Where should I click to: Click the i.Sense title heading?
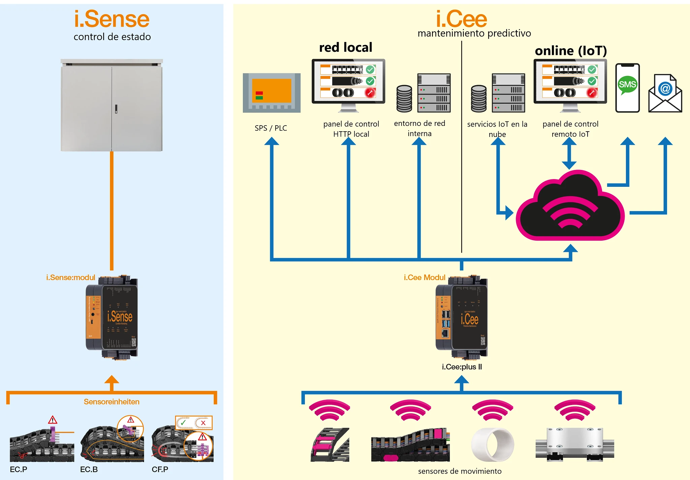[112, 19]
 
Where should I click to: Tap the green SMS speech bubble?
[627, 84]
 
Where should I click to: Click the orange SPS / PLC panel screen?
[272, 91]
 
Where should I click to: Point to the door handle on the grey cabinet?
[116, 109]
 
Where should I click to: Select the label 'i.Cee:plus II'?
[462, 367]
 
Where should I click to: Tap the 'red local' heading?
[346, 47]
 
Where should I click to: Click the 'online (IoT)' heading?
[571, 51]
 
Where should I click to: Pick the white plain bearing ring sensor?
[493, 445]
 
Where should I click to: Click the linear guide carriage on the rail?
[575, 444]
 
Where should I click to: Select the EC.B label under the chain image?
[89, 469]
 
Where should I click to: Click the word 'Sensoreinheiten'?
[112, 402]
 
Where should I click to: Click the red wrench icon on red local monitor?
[370, 93]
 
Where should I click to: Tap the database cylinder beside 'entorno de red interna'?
[404, 98]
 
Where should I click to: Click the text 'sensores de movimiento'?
[460, 471]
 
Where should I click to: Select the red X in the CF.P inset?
[203, 423]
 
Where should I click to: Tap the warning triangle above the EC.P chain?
[53, 420]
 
